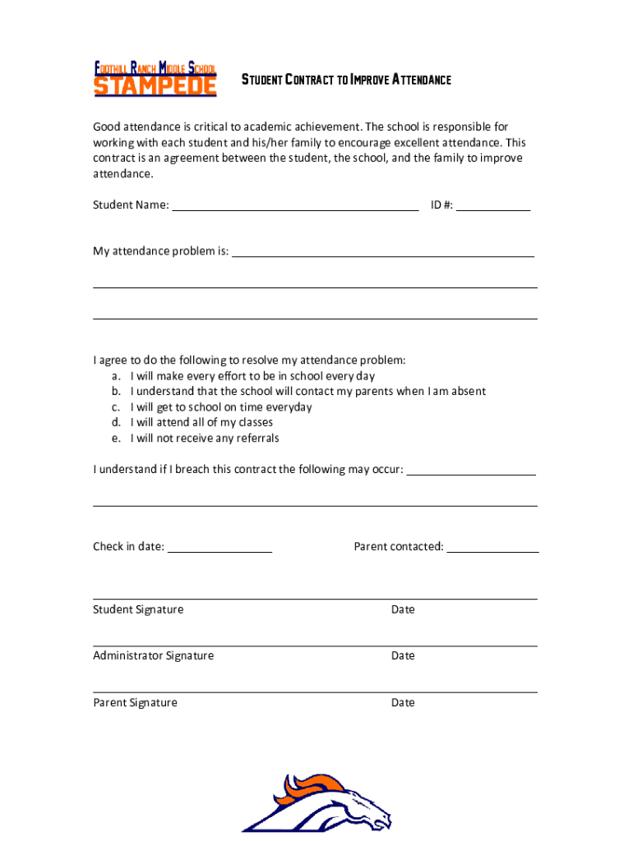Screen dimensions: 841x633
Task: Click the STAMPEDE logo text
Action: pyautogui.click(x=155, y=86)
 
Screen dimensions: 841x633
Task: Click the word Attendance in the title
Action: pyautogui.click(x=421, y=80)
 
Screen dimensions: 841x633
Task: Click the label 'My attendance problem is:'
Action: pyautogui.click(x=160, y=251)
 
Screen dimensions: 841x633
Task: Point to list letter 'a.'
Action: pyautogui.click(x=118, y=376)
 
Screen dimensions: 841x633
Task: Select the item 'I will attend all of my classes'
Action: pyautogui.click(x=201, y=422)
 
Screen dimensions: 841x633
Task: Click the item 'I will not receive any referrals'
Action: pyautogui.click(x=205, y=438)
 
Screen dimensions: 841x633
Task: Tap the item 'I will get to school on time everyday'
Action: pyautogui.click(x=221, y=407)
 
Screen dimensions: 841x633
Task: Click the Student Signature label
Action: pyautogui.click(x=138, y=609)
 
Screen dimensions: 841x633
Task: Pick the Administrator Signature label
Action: pyautogui.click(x=153, y=655)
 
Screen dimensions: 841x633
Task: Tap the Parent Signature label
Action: pyautogui.click(x=135, y=702)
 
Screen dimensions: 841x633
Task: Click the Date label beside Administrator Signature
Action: pyautogui.click(x=403, y=655)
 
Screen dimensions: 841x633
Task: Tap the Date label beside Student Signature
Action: pyautogui.click(x=403, y=609)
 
